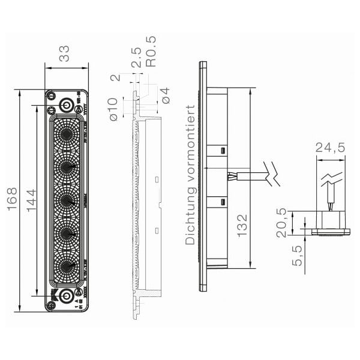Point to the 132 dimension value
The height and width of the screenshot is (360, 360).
click(x=241, y=226)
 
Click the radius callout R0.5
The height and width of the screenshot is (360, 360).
click(x=151, y=52)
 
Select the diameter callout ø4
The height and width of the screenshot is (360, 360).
click(x=166, y=95)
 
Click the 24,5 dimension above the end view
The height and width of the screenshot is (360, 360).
click(x=330, y=148)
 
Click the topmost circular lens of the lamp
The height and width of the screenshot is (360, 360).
click(x=66, y=131)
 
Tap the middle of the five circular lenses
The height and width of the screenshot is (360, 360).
click(x=66, y=198)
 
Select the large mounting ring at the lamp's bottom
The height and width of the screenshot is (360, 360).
click(x=67, y=295)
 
